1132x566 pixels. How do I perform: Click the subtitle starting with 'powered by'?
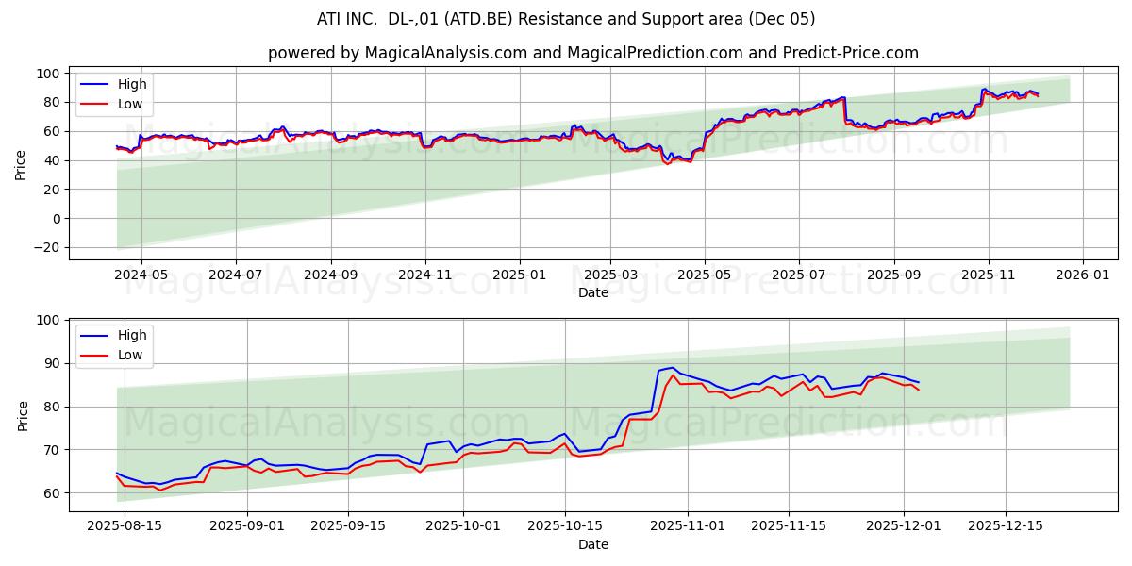coord(592,53)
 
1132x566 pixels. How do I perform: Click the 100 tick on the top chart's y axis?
coord(47,74)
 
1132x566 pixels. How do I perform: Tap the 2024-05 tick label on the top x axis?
coord(141,275)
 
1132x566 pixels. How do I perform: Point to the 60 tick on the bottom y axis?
coord(50,493)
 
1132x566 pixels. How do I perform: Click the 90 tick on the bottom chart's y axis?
coord(50,364)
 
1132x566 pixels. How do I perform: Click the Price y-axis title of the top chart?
coord(21,164)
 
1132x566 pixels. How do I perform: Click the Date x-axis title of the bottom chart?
coord(592,544)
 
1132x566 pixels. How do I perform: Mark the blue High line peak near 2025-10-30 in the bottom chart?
coord(672,368)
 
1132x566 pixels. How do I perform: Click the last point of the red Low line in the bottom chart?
coord(918,390)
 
